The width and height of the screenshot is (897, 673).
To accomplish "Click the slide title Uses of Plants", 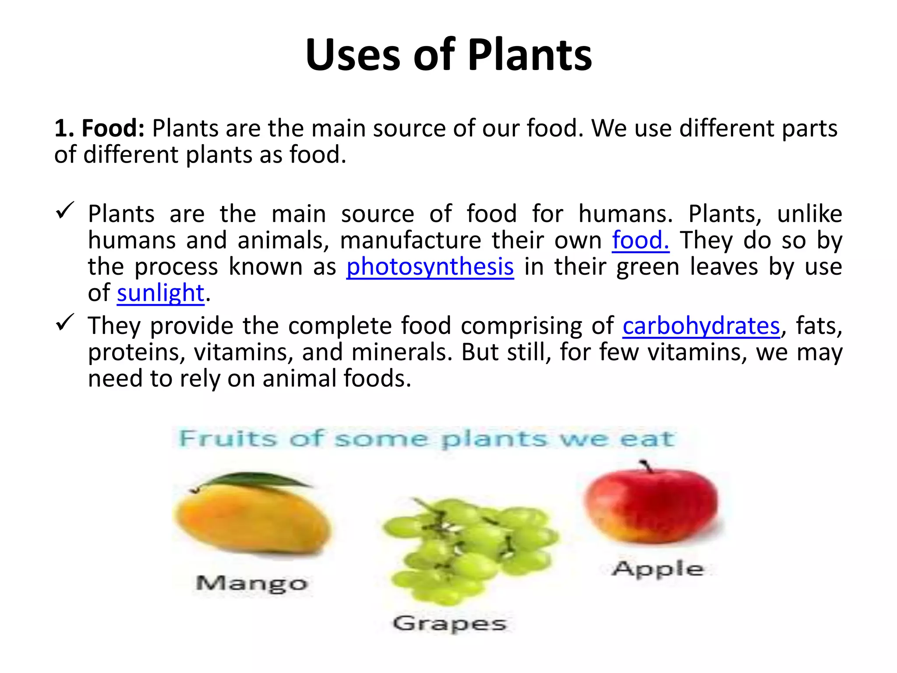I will click(x=448, y=55).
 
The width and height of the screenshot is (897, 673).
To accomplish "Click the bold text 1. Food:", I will click(x=99, y=129).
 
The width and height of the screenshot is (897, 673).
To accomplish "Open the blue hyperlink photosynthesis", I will click(x=430, y=267).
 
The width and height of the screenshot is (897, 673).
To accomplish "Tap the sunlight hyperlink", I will click(x=160, y=293).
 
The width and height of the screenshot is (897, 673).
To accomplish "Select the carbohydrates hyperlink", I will click(x=701, y=326).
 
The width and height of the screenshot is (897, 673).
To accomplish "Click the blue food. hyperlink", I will click(x=640, y=241).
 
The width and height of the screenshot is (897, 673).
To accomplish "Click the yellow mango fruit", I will click(x=252, y=519).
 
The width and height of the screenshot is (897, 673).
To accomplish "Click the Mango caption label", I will click(x=252, y=584).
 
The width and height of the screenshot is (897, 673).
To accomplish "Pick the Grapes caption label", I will click(x=449, y=623).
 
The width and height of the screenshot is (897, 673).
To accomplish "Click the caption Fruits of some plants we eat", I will click(x=427, y=439).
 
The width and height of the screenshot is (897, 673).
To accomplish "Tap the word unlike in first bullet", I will click(x=809, y=214).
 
